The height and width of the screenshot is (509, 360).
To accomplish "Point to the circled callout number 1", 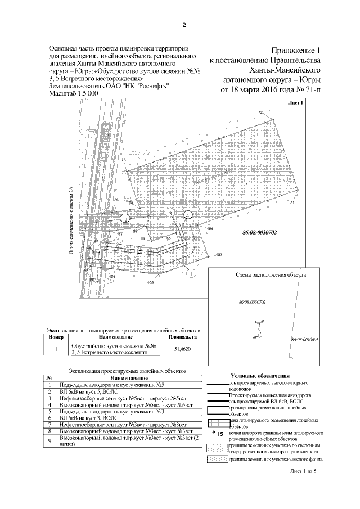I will [191, 273].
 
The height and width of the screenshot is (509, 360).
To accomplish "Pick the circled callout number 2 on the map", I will [127, 218].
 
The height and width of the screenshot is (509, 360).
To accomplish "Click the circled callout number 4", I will [188, 214].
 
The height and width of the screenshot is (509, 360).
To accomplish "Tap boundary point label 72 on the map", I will [260, 112].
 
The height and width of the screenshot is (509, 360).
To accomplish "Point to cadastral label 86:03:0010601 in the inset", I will [304, 340].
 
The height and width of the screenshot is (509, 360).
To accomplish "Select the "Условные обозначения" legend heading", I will [259, 375].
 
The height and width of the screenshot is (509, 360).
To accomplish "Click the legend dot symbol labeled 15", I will [214, 433].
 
